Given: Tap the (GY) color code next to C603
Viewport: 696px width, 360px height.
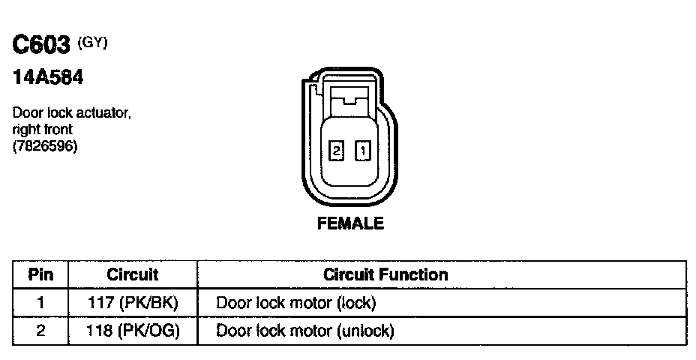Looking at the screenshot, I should [93, 43].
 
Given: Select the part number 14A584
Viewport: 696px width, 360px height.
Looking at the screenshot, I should [47, 76].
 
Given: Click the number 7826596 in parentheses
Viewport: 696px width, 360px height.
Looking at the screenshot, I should [45, 145].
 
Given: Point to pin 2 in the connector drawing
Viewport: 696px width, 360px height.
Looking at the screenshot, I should [337, 151].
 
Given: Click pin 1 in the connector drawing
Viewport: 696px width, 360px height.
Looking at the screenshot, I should [362, 151].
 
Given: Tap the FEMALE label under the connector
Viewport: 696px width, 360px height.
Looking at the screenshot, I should [351, 223].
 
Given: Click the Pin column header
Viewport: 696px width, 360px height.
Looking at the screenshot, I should [40, 274].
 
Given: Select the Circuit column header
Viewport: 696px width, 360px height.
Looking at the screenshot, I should [133, 274].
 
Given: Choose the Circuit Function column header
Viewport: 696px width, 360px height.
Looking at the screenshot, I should [385, 274].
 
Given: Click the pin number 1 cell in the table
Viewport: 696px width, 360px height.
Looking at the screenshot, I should [40, 303].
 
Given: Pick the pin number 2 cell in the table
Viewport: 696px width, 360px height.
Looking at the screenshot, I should [40, 330].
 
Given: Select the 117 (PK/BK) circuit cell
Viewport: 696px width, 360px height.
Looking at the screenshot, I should [133, 303].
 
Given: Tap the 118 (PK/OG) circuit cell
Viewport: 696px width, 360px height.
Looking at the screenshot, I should [133, 330].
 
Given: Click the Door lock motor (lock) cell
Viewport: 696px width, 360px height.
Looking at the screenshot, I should [295, 303].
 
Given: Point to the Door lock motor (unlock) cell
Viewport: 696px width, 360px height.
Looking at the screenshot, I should [304, 330].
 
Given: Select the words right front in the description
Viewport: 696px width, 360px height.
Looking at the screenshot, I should [42, 130].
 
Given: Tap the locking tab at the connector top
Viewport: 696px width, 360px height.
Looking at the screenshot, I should [349, 95].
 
